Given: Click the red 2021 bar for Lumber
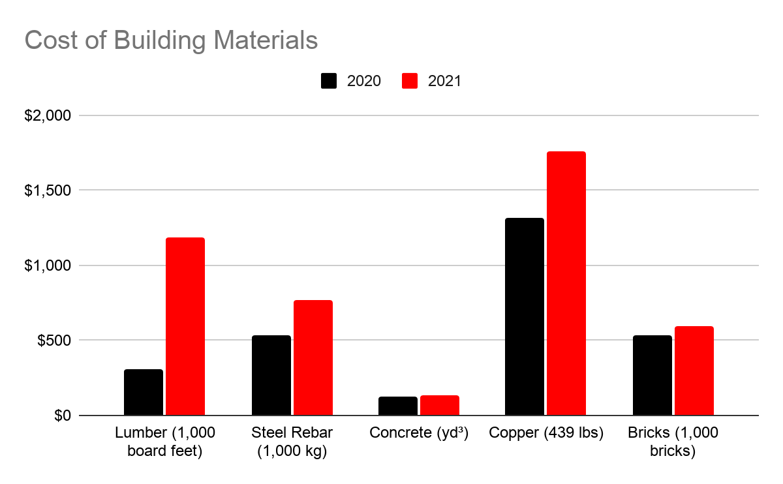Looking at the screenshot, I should (x=185, y=326).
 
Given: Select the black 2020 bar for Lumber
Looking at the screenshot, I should (x=144, y=392).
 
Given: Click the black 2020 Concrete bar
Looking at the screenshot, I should (x=398, y=406).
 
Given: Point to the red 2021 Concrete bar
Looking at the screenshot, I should (x=440, y=405).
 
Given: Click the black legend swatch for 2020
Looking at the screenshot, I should (x=329, y=81).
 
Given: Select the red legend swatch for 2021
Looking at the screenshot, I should (x=410, y=81).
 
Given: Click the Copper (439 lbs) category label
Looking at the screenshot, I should (x=545, y=433).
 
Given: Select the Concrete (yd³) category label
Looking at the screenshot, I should (x=419, y=433).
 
